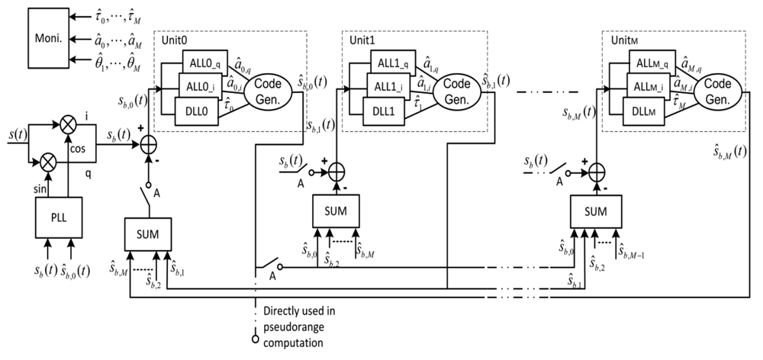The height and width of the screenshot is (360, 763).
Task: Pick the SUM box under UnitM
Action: coord(594,211)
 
